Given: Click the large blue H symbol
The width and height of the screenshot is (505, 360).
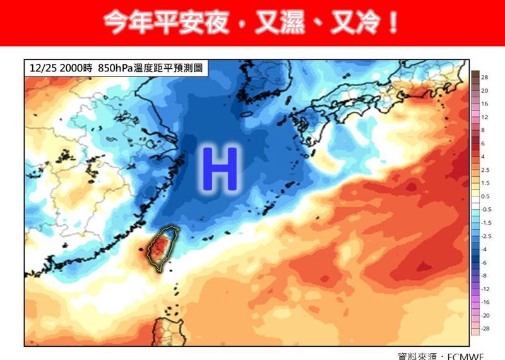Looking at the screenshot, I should click(220, 169).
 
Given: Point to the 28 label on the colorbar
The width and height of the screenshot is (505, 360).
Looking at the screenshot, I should click(485, 77).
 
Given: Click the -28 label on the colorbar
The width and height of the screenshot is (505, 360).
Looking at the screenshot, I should click(485, 329).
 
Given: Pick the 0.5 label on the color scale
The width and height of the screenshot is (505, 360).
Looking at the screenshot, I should click(485, 196).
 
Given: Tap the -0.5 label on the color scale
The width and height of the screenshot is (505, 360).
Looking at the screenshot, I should click(485, 209).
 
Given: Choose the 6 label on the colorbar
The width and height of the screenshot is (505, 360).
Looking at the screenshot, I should click(484, 143).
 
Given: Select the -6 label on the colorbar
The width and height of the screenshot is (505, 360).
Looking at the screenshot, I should click(484, 262).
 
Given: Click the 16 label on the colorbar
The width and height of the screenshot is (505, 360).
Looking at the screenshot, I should click(485, 104).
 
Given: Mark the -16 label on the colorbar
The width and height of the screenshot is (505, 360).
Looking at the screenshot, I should click(485, 302).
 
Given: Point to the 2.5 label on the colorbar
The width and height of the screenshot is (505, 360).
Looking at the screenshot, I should click(485, 170).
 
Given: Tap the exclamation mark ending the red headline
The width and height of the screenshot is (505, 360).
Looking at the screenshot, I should click(393, 23).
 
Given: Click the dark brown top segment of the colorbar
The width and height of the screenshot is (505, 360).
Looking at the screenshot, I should click(474, 75).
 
